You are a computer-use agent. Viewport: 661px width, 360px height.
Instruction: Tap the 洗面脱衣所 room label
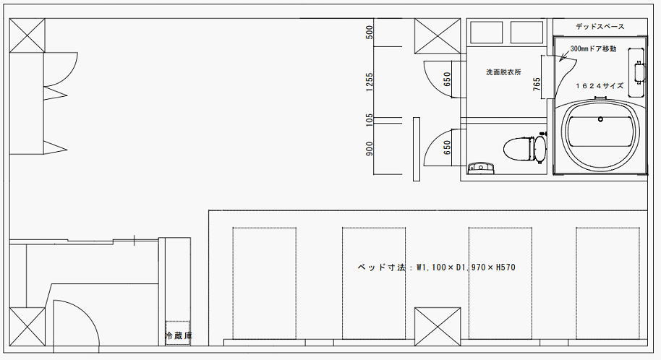503,72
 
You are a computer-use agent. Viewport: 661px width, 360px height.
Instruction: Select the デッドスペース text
600,27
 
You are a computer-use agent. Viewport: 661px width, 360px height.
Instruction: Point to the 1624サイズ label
600,85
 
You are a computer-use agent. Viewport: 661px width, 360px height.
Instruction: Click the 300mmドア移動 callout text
593,49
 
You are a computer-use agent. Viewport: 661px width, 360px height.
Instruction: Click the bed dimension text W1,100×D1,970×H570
466,267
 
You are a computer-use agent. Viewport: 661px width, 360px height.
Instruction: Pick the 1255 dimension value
370,82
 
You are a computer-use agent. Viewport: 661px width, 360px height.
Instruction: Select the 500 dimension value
370,32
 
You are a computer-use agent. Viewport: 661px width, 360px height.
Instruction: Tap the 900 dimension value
370,148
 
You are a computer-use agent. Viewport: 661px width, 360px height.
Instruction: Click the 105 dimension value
370,120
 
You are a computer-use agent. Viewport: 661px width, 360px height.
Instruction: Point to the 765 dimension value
537,85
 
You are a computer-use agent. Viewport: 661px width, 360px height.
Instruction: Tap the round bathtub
600,135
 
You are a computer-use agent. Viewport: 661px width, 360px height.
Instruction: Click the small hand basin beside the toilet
481,168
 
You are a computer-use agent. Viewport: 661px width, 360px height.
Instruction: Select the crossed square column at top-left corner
27,35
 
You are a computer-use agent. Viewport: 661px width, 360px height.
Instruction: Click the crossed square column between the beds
438,327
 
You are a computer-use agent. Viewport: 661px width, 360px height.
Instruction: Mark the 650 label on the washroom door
447,80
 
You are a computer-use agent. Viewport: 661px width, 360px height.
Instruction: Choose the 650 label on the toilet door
447,147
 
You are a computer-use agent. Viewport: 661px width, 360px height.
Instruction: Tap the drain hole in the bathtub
600,119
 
